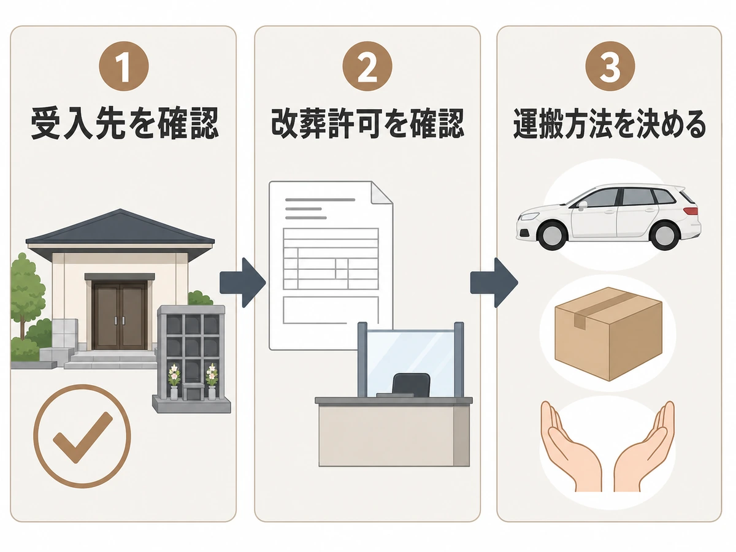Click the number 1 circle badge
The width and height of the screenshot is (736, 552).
124,66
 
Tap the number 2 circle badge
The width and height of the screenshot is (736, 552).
367,66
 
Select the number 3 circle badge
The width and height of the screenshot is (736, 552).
610,66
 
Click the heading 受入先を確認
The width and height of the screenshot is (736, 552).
125,123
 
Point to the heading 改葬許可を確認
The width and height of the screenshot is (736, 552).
367,123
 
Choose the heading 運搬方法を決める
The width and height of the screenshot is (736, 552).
610,123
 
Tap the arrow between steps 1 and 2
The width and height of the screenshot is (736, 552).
243,283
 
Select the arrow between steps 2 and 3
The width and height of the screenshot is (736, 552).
494,283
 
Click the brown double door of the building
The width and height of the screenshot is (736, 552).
120,316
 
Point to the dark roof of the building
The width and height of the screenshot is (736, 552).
120,226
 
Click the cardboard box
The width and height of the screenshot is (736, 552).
608,334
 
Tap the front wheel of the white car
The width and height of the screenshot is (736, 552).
554,235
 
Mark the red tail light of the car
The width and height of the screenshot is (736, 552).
691,211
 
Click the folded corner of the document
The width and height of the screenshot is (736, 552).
382,193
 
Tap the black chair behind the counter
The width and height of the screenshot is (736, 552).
411,385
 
